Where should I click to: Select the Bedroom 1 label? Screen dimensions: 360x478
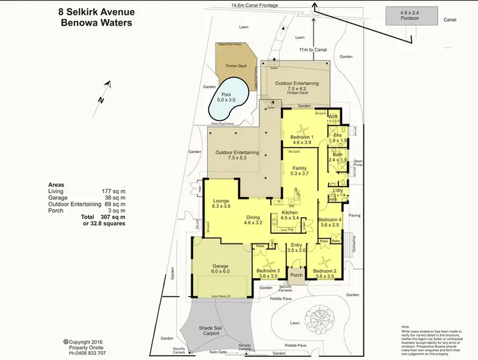click(301, 138)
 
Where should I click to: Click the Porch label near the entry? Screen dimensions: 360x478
click(296, 275)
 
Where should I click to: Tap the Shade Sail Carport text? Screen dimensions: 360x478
click(207, 329)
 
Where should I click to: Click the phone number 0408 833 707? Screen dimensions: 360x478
click(87, 352)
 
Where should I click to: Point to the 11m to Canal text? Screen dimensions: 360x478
click(312, 49)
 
